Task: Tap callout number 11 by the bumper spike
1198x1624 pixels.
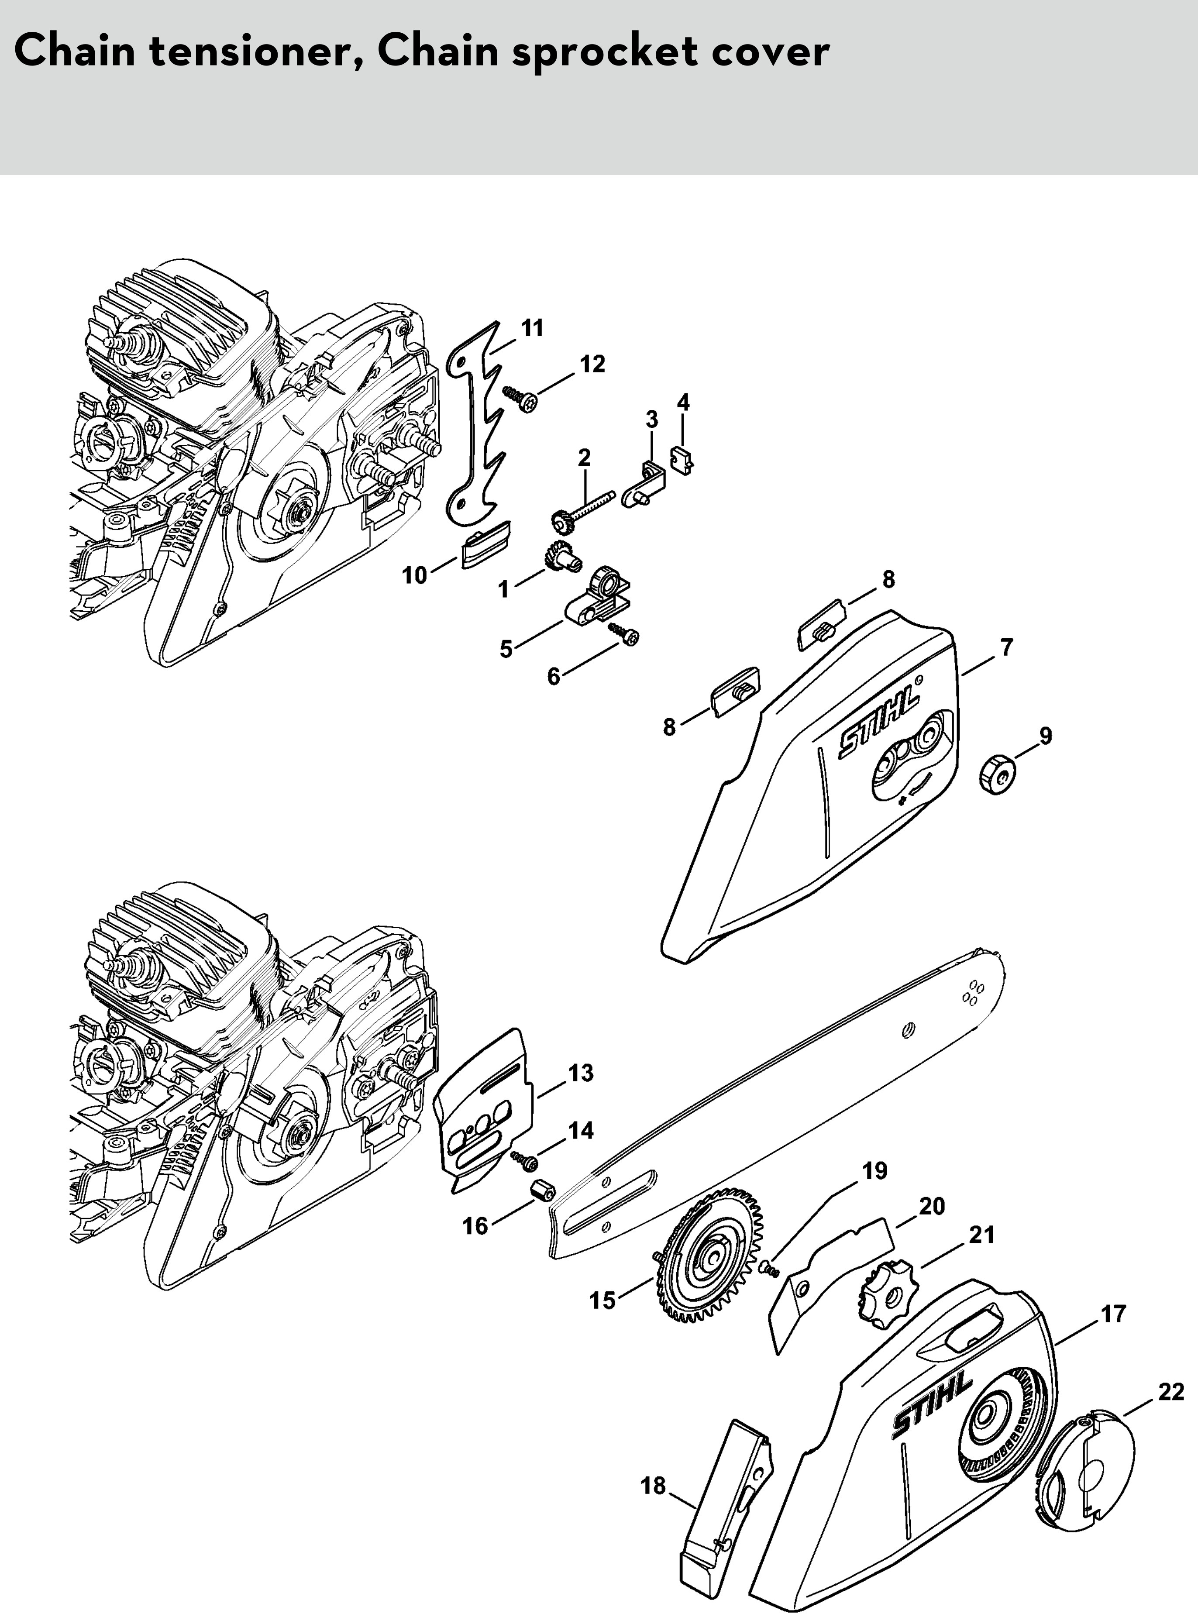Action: coord(532,328)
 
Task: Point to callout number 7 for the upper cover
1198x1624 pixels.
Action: coord(1006,647)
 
